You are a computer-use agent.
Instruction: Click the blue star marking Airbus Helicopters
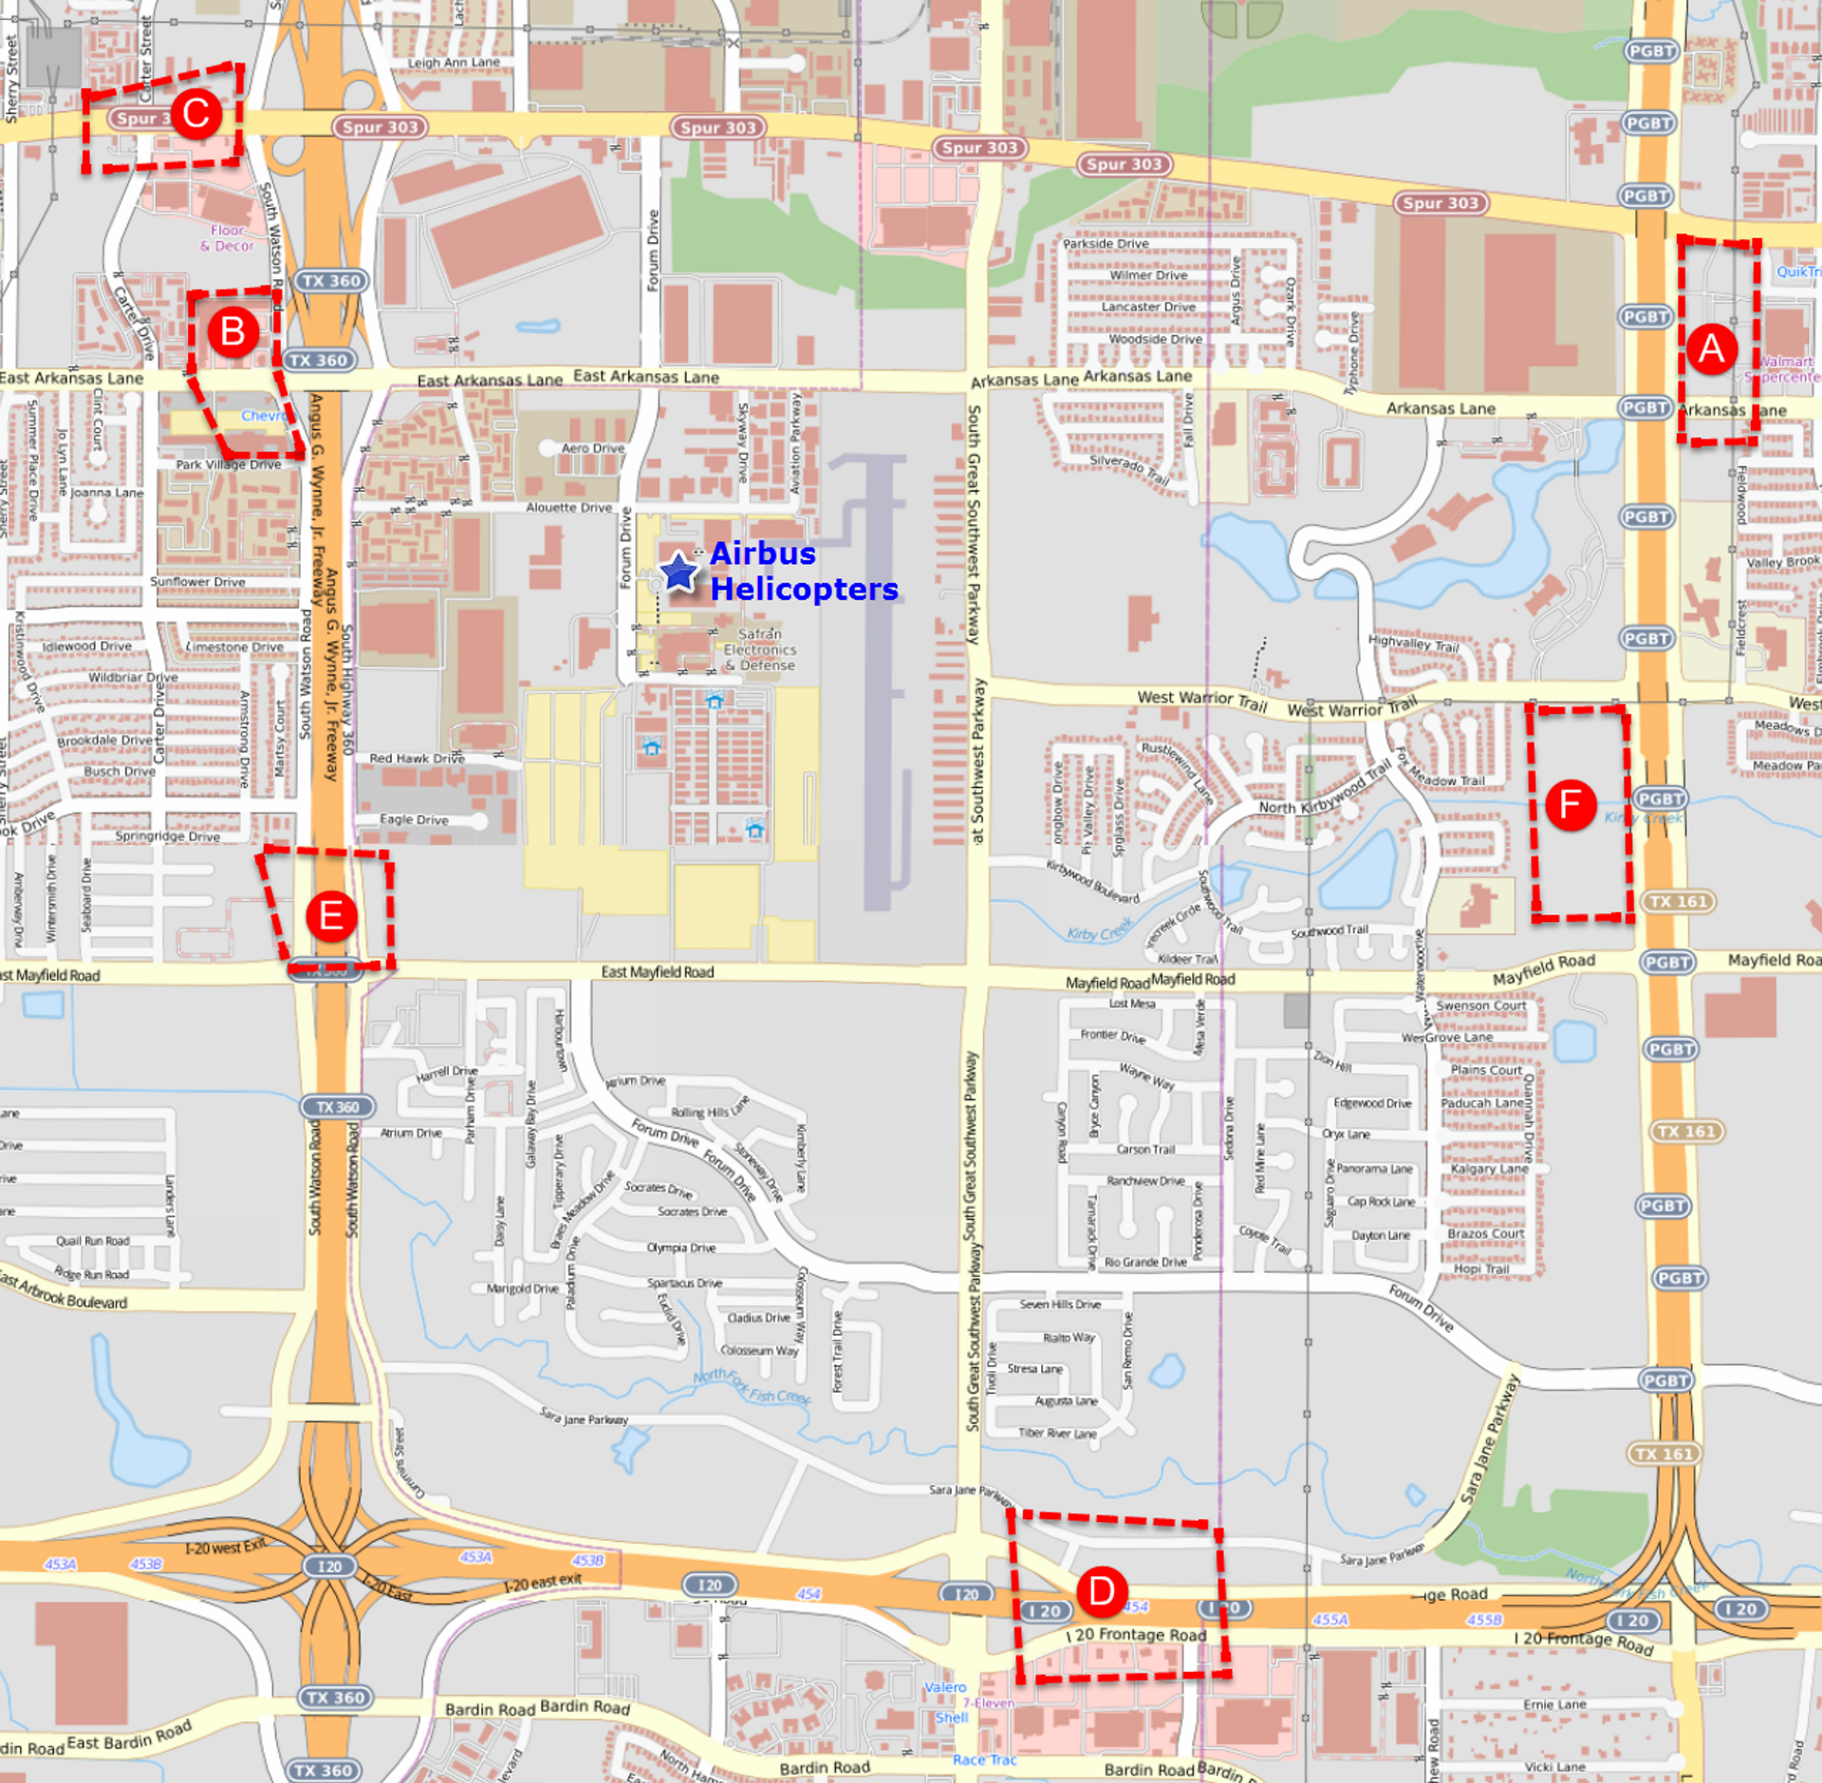679,572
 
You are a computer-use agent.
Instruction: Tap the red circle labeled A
1711,349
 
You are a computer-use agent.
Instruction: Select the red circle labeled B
232,332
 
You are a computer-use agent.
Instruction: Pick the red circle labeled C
196,115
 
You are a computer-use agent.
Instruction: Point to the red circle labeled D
1102,1591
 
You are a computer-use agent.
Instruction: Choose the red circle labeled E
331,917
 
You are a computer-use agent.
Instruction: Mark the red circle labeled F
1571,805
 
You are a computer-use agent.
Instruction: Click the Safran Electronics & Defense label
760,649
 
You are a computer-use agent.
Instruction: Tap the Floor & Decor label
228,237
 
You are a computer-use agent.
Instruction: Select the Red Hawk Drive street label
417,759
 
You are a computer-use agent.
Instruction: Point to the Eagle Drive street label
414,819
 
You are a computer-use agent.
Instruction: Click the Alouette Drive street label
568,508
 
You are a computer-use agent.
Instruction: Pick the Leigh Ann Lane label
454,63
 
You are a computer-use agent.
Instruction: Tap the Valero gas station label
945,1687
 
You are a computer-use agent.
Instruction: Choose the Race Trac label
984,1760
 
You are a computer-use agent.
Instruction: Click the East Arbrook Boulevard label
65,1293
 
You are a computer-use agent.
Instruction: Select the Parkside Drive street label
1106,244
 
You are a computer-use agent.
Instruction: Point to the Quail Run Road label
92,1241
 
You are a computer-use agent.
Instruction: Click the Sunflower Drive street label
197,582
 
